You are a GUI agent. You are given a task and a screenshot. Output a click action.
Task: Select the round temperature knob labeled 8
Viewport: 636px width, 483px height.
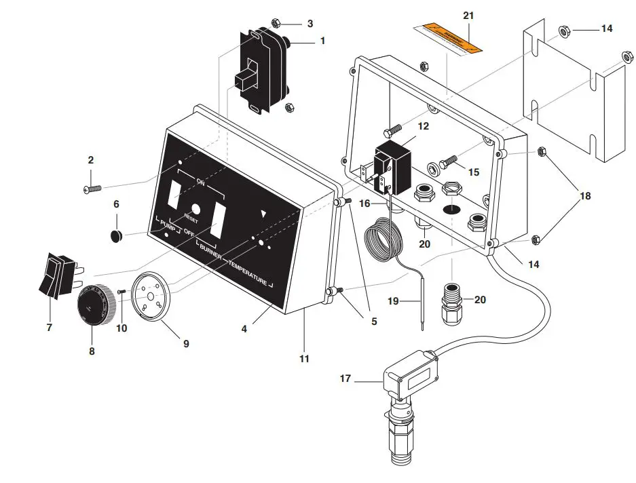click(x=91, y=305)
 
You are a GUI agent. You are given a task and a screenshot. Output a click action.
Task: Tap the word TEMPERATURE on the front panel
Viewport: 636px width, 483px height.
click(x=247, y=271)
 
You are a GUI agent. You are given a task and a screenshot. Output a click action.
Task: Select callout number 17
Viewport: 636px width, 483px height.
click(x=345, y=379)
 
